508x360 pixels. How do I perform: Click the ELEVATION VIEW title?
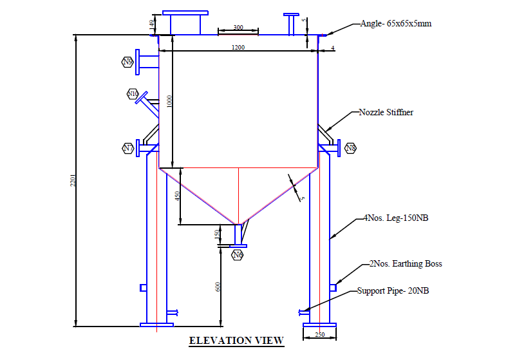(x=236, y=340)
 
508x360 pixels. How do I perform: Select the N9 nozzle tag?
(x=127, y=62)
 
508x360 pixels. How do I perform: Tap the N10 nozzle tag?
(x=133, y=94)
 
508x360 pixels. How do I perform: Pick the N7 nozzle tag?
(x=128, y=149)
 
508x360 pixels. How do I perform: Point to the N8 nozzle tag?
(x=350, y=149)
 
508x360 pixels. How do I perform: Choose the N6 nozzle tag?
(x=238, y=254)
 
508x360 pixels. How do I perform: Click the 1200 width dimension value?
(x=239, y=48)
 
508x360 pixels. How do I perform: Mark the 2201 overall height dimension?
(x=73, y=182)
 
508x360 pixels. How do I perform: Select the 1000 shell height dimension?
(x=169, y=102)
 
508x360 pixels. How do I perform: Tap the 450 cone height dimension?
(x=178, y=196)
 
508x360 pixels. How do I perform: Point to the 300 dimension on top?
(x=238, y=28)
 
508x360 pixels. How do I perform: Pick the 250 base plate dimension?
(x=319, y=335)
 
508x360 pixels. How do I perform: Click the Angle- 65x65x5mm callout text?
(x=395, y=24)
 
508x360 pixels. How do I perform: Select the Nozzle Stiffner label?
(x=386, y=112)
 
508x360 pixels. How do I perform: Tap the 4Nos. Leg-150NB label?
(x=396, y=218)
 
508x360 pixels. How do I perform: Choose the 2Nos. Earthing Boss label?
(x=405, y=263)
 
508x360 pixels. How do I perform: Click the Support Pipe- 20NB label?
(x=393, y=291)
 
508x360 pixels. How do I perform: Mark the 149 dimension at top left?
(x=152, y=24)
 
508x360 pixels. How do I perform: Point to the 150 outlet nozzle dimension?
(x=216, y=234)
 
